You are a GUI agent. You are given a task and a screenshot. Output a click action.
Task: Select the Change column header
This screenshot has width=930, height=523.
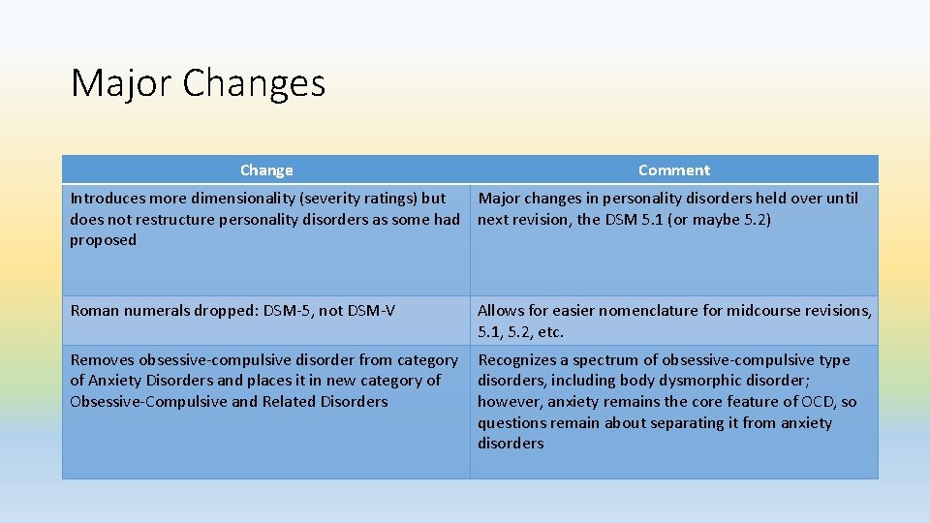pyautogui.click(x=266, y=170)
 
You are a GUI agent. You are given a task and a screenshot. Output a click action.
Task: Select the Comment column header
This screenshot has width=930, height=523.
pyautogui.click(x=674, y=170)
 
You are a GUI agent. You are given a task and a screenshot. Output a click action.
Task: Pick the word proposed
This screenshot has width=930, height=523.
pyautogui.click(x=104, y=240)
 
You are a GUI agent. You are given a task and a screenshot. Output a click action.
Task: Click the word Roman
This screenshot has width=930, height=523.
pyautogui.click(x=95, y=311)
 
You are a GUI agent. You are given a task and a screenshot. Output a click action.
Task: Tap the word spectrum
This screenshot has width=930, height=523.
pyautogui.click(x=604, y=360)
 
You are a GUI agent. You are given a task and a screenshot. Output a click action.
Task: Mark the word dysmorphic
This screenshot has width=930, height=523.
pyautogui.click(x=715, y=381)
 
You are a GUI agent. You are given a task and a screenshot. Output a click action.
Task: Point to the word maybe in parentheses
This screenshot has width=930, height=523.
pyautogui.click(x=711, y=220)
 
